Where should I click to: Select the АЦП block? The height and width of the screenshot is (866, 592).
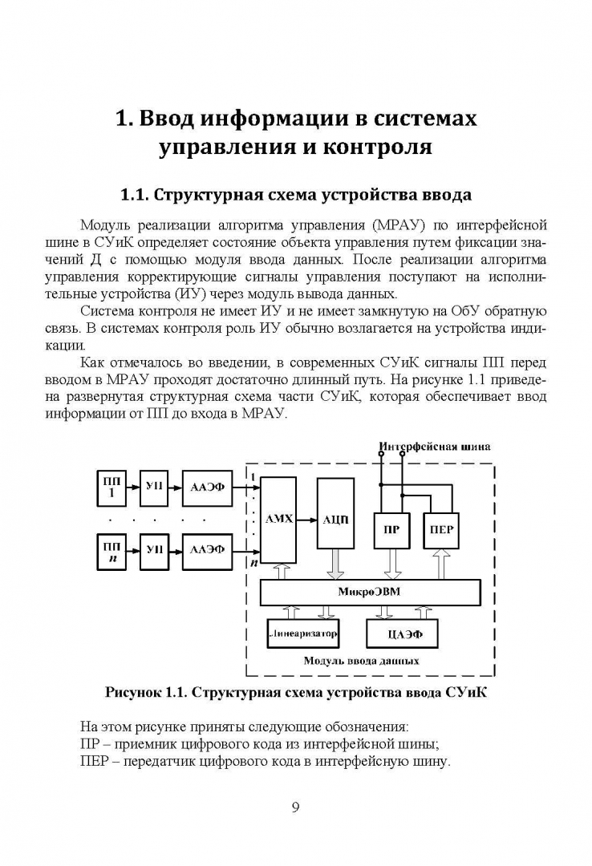point(335,519)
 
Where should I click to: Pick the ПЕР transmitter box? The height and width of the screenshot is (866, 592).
point(442,530)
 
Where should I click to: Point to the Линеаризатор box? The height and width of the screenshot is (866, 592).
point(302,633)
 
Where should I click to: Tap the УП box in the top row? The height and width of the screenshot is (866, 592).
point(154,487)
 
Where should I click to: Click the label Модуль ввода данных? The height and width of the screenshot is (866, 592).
point(361,662)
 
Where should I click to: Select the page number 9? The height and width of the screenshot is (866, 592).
point(295,807)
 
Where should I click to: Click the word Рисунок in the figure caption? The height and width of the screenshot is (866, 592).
point(134,692)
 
